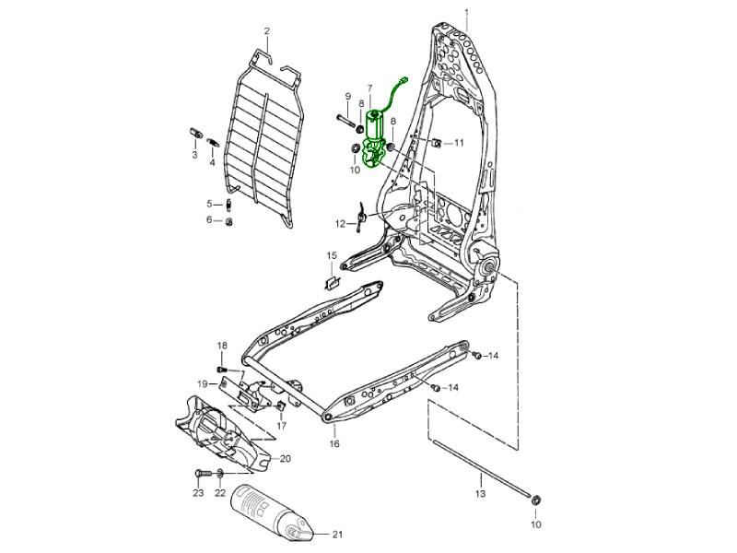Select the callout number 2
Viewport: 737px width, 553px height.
click(x=267, y=32)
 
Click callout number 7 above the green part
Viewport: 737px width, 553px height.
click(x=369, y=88)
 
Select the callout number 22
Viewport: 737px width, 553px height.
click(x=220, y=494)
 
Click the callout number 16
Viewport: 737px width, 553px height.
click(x=334, y=444)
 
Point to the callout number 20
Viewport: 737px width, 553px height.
click(x=285, y=459)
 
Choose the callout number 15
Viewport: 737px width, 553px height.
click(x=332, y=255)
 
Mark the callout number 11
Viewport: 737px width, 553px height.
click(x=459, y=143)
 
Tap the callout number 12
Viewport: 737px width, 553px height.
click(x=340, y=223)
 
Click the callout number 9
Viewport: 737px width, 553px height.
click(x=348, y=97)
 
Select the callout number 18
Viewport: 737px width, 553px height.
click(x=221, y=346)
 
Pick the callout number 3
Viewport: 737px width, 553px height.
click(x=194, y=155)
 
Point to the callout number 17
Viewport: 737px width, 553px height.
click(x=282, y=426)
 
